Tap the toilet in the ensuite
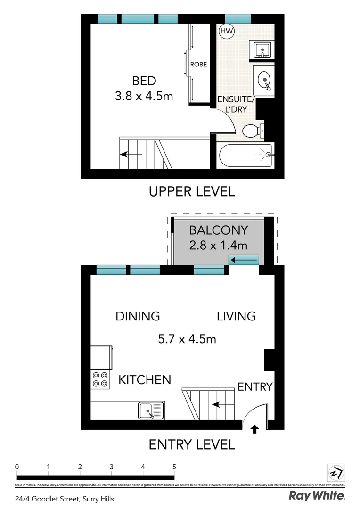(x=253, y=131)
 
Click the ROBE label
(x=198, y=65)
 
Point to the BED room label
(x=144, y=81)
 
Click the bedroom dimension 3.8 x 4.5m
(x=144, y=96)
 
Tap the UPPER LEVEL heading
(x=191, y=192)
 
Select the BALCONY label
(x=218, y=230)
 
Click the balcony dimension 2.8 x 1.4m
(x=218, y=246)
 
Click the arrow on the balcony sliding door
(x=244, y=260)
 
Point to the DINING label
(x=138, y=316)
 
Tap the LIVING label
(x=236, y=316)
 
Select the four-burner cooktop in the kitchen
(x=100, y=379)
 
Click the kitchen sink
(x=151, y=410)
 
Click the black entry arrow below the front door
(x=255, y=429)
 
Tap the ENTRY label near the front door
(x=255, y=387)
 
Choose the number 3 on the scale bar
(x=111, y=467)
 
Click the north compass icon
(x=336, y=472)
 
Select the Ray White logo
(x=317, y=496)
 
